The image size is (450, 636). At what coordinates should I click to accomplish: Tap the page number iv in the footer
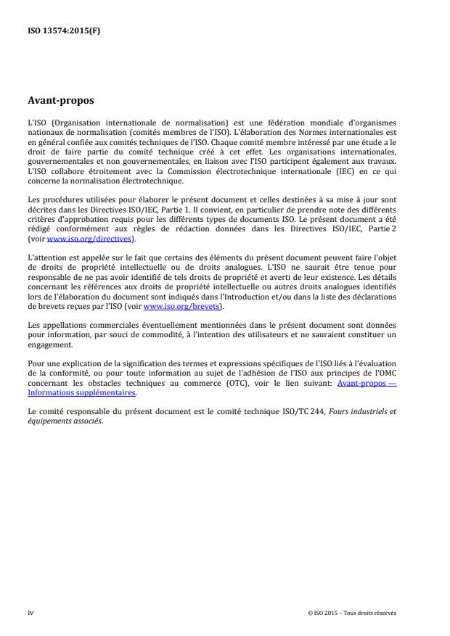[30, 612]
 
